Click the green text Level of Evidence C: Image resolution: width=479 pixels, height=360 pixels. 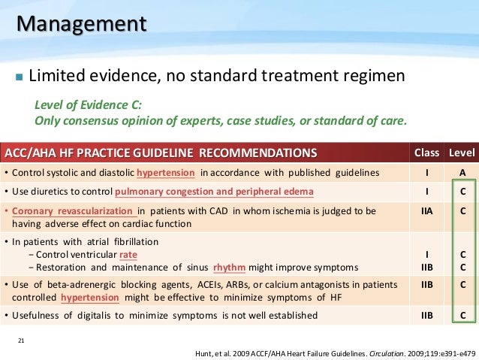pos(88,104)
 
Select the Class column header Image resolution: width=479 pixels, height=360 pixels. pos(426,153)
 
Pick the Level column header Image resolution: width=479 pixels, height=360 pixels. pos(462,153)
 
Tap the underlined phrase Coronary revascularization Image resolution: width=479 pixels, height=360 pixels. pos(71,211)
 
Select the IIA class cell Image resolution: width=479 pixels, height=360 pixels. pos(426,212)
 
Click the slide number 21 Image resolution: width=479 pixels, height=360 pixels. pos(21,341)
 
